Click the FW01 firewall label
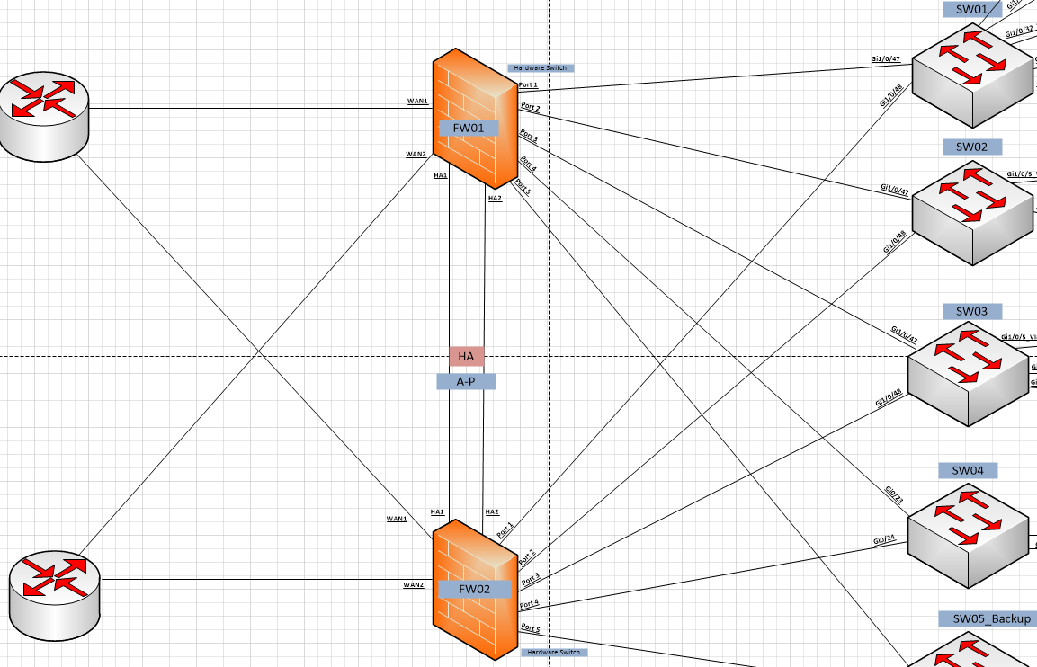click(x=469, y=128)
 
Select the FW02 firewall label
click(x=475, y=589)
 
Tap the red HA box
click(x=466, y=356)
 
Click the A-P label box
click(x=466, y=381)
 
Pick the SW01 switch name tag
click(x=972, y=10)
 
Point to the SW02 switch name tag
click(x=972, y=147)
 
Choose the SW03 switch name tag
click(x=972, y=311)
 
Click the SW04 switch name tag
click(x=969, y=470)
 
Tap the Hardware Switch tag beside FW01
click(x=541, y=67)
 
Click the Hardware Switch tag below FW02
click(x=553, y=652)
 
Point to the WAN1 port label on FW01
click(x=417, y=101)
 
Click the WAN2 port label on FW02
click(x=413, y=584)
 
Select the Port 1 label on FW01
click(x=528, y=84)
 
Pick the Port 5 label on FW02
click(x=530, y=628)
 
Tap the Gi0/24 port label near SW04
click(x=884, y=539)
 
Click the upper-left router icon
click(x=44, y=115)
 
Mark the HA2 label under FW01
click(x=495, y=198)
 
